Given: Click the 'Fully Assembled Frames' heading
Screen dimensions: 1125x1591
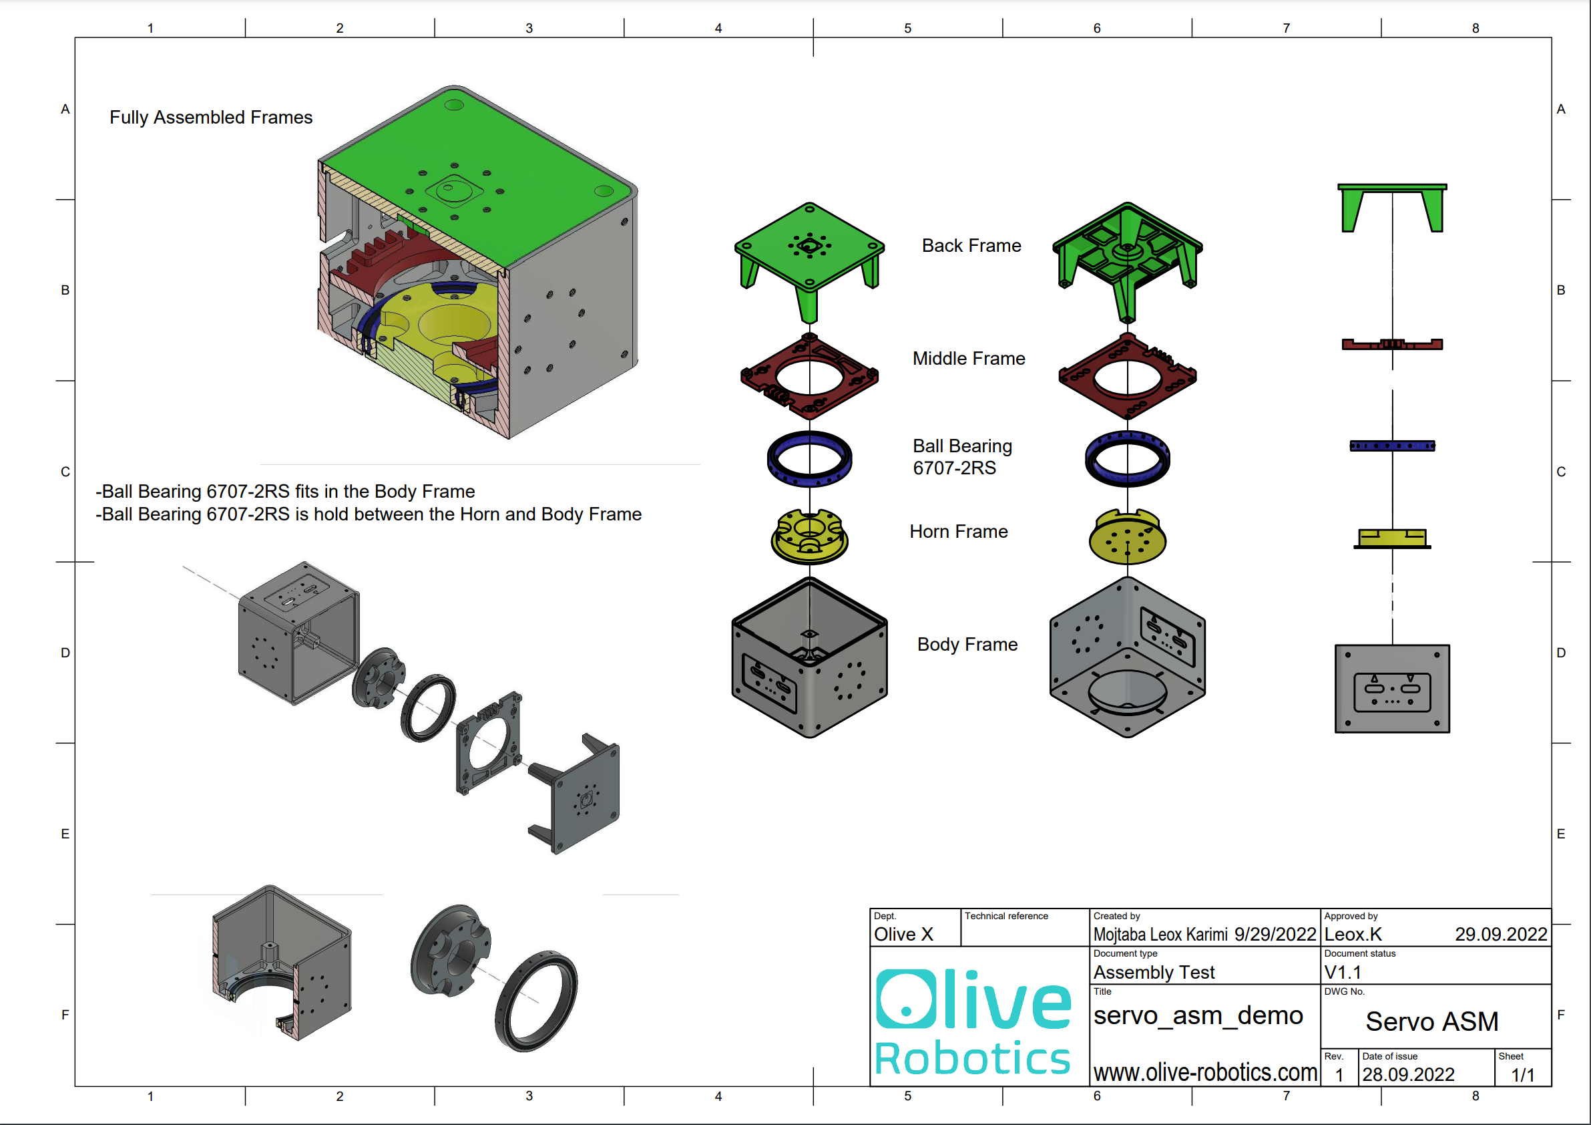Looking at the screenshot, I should (211, 117).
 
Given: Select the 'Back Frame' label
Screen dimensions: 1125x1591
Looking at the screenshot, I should (971, 245).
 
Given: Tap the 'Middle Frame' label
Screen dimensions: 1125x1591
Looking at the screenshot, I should (968, 358).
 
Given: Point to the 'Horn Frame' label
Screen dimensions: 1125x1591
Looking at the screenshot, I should (958, 532).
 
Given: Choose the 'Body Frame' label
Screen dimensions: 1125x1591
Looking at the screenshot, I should (967, 645).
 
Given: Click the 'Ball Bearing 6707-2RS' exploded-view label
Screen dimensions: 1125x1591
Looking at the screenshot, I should (961, 457).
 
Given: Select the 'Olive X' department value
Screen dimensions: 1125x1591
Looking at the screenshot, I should (903, 935).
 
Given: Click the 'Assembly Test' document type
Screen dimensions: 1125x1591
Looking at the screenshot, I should (1154, 973).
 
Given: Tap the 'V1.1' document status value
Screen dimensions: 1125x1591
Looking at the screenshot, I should (1342, 973).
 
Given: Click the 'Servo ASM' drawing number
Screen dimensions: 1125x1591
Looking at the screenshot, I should (1431, 1021).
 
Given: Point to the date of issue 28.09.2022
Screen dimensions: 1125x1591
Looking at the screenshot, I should (1408, 1074).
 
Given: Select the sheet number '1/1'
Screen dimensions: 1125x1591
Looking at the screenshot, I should (1522, 1075).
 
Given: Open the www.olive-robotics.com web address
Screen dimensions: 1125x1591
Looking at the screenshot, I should (1205, 1073).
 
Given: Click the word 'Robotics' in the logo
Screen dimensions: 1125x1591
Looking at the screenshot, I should (972, 1059).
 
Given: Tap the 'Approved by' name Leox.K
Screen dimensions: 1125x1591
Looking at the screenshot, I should (1353, 935).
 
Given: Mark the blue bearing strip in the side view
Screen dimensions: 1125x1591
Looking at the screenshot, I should (1392, 446).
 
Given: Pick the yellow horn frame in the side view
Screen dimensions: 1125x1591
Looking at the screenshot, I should (1392, 537).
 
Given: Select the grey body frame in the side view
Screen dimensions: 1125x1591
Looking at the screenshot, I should (1392, 688).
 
